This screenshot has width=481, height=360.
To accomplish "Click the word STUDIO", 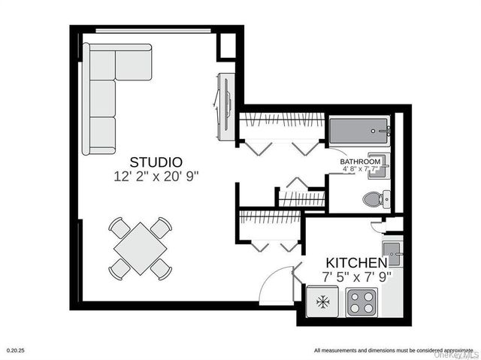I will tap(156, 162).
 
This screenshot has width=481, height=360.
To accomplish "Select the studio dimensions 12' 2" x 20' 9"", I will tap(156, 176).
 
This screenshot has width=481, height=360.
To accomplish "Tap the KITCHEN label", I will tap(356, 263).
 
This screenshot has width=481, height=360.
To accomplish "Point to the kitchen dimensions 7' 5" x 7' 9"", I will tap(358, 277).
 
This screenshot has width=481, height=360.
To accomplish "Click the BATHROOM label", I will tap(360, 162).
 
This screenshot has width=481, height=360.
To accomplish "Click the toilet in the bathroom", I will tap(374, 199).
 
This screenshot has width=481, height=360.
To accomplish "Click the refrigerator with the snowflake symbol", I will tap(323, 301).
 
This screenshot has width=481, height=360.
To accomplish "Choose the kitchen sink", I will tap(392, 252).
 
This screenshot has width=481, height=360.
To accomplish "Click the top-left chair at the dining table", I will tap(118, 226).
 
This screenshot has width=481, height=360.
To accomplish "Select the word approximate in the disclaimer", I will tap(444, 351).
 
